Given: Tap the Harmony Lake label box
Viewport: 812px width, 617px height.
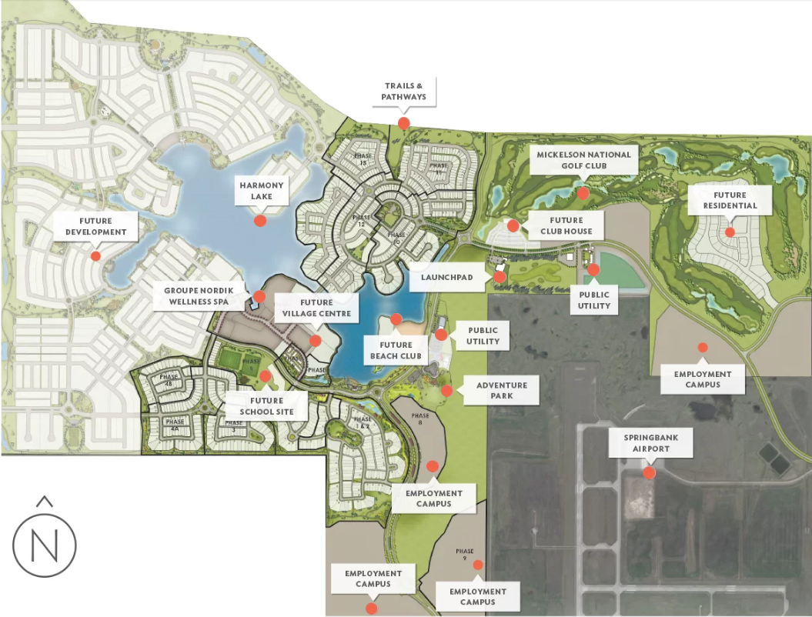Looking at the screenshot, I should tap(262, 191).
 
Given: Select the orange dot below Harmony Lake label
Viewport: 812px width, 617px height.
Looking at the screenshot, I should tap(260, 221).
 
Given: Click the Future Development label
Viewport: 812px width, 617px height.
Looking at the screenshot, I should tap(95, 226).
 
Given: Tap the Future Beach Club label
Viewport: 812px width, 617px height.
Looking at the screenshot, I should tap(396, 351).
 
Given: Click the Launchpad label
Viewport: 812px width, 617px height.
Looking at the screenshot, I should tap(447, 277).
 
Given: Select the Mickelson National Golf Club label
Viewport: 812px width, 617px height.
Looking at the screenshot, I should tap(583, 160).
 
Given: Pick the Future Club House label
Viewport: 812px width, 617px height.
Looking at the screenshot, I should tap(566, 225).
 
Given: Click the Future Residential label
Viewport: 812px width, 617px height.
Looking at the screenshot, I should tap(730, 200).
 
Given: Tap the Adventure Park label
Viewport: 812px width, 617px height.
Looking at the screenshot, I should tap(501, 390).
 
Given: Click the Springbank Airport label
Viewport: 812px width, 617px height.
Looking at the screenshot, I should tap(648, 443).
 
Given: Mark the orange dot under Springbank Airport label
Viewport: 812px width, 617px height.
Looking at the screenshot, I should tap(649, 472).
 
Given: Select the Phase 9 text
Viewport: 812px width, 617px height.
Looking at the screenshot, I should tap(465, 554).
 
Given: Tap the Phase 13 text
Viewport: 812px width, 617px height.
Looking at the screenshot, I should tap(363, 159).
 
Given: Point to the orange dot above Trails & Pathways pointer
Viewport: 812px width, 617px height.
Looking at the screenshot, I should tap(403, 123).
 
